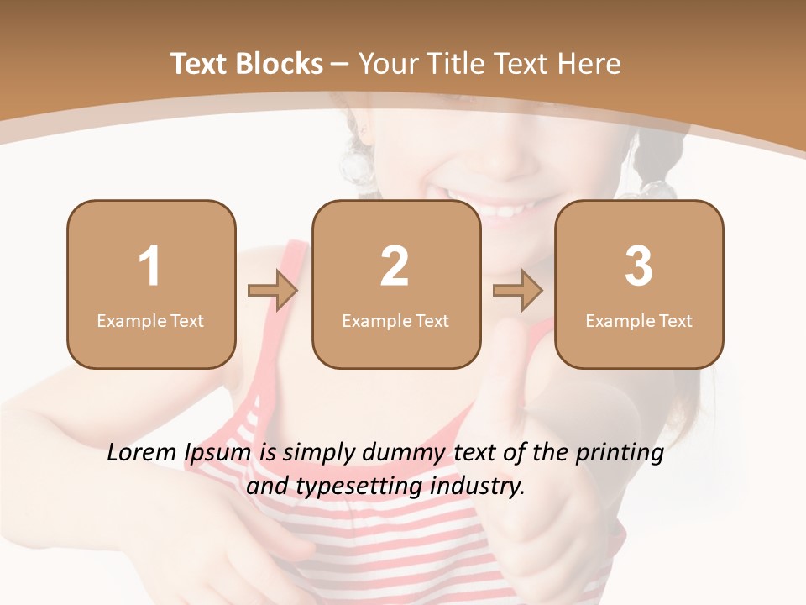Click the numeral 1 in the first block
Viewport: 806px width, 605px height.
tap(149, 266)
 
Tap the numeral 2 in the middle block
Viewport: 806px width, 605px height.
tap(395, 266)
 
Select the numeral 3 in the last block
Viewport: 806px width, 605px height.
tap(639, 266)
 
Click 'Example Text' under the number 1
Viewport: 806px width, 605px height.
tap(150, 321)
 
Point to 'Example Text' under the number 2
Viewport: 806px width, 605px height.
tap(395, 321)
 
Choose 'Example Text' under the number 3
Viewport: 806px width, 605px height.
tap(639, 321)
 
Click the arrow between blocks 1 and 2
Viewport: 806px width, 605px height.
tap(273, 291)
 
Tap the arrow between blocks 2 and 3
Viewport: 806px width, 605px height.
tap(518, 291)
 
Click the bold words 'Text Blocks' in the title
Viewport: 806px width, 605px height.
tap(247, 64)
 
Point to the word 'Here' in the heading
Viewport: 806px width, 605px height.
tap(591, 64)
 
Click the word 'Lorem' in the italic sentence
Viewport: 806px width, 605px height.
tap(143, 454)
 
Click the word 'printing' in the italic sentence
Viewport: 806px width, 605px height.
tap(620, 455)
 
